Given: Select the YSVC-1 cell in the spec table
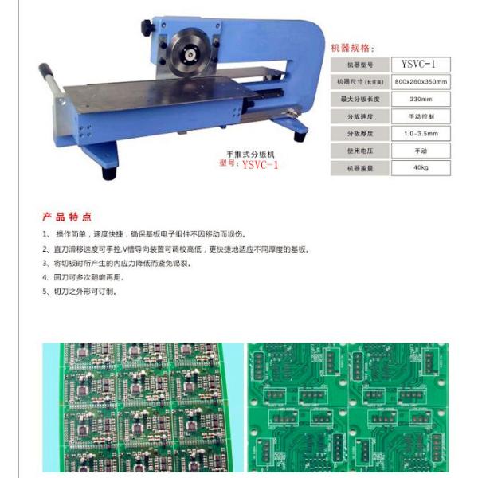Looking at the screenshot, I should click(420, 65).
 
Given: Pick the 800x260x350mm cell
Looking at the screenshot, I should click(420, 82).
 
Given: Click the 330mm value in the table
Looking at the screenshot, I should click(420, 100).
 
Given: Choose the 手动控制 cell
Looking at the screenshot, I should click(420, 116).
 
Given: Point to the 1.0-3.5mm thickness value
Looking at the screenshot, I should click(420, 134).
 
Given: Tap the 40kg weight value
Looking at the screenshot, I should click(420, 168).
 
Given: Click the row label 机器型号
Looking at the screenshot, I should click(359, 65).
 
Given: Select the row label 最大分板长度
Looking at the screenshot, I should click(359, 100).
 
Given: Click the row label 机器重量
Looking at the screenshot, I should click(359, 168).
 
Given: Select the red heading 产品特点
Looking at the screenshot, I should click(67, 217).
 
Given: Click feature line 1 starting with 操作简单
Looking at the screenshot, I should click(143, 234).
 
